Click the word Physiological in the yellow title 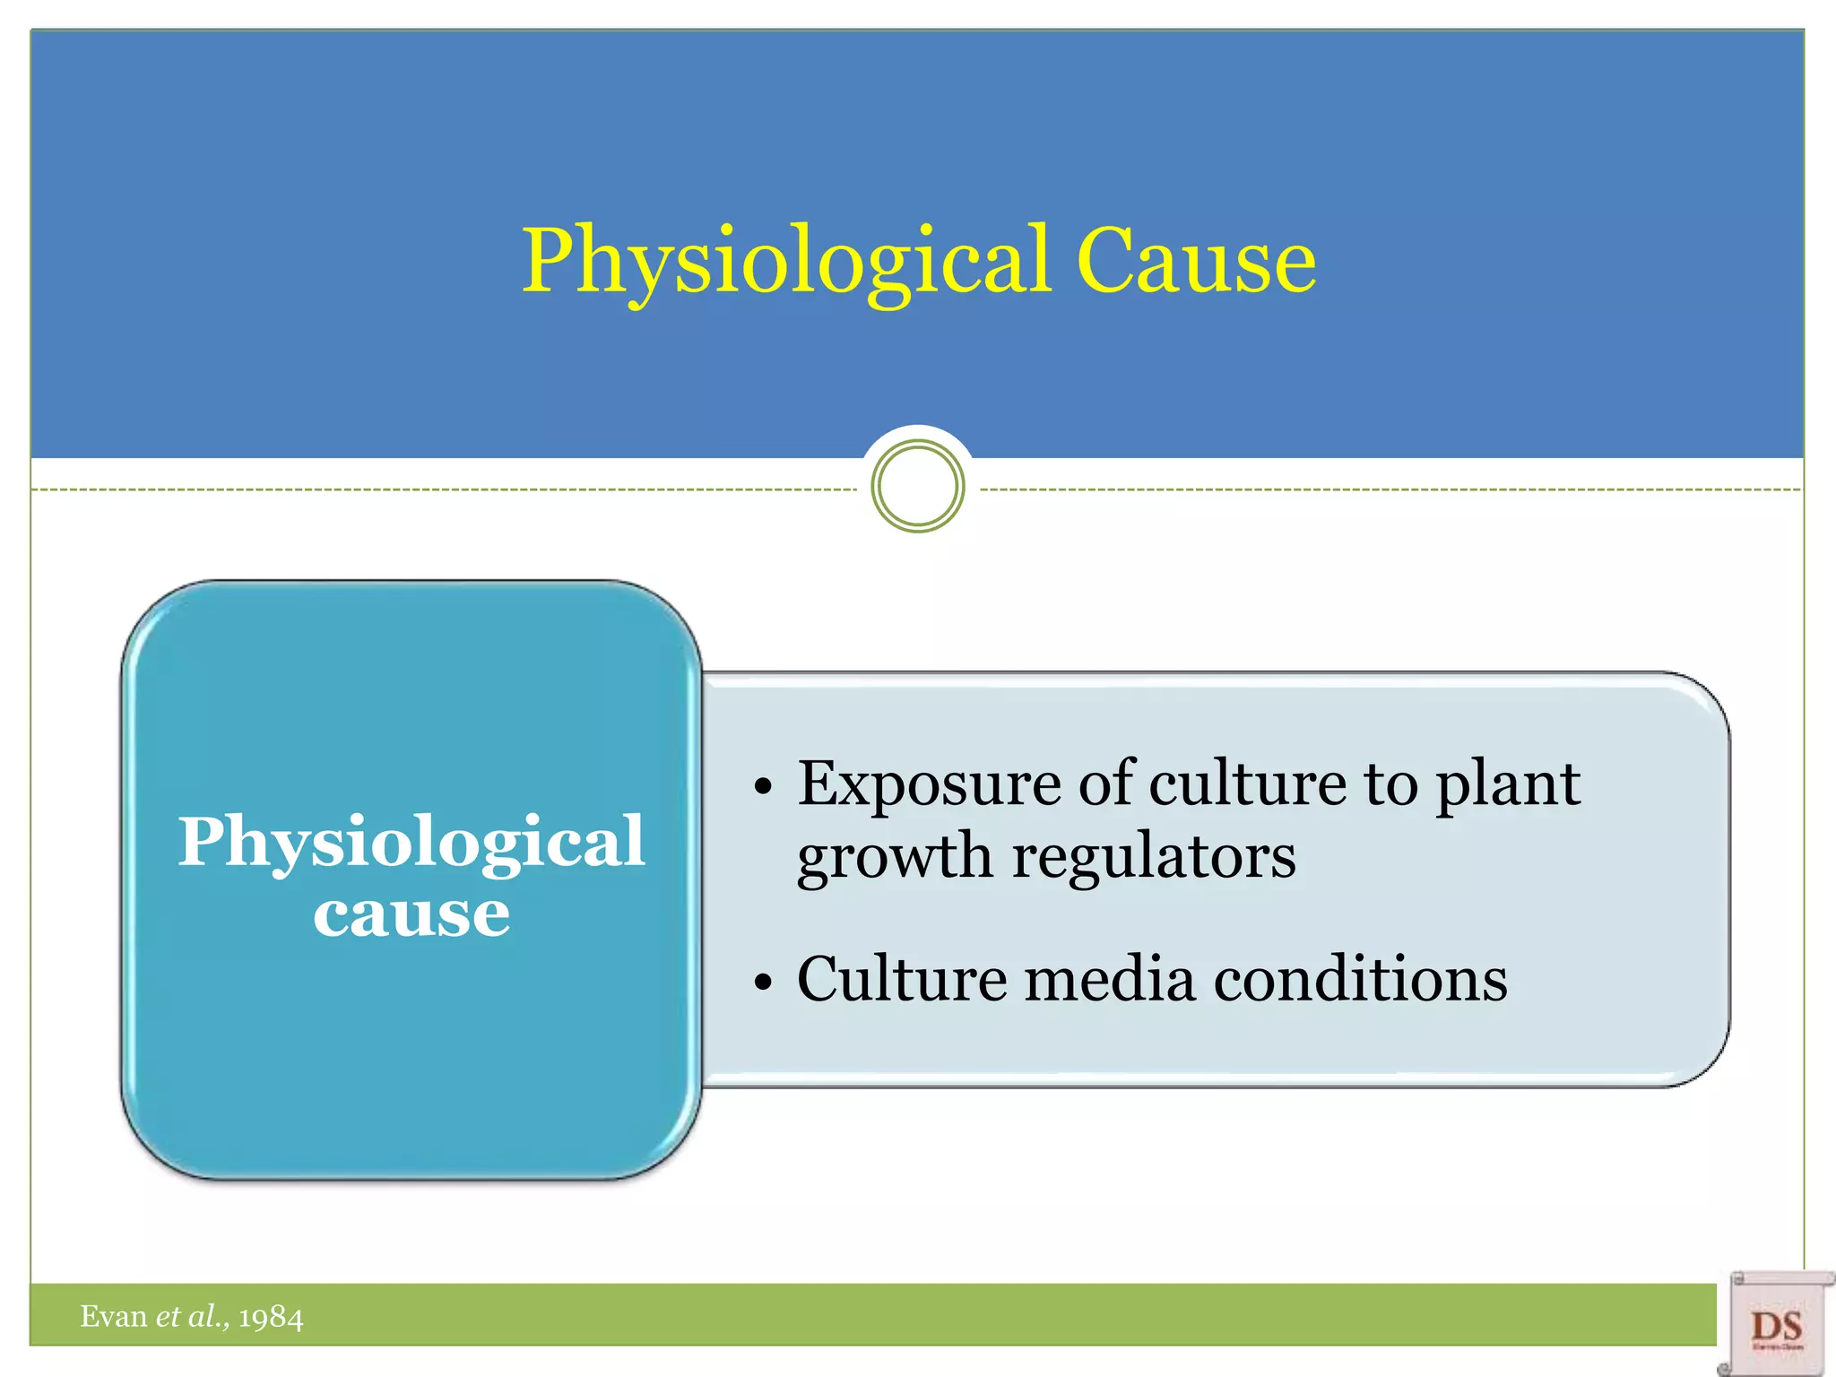(x=786, y=261)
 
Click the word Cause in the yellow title (x=1196, y=261)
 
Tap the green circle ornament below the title (x=917, y=486)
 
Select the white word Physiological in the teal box (x=411, y=843)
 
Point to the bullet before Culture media (x=763, y=983)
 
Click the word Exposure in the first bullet (x=930, y=784)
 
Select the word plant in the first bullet (x=1508, y=784)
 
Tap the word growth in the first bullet (x=894, y=857)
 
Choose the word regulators (x=1154, y=857)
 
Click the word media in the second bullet (x=1110, y=979)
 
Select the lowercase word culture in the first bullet (x=1247, y=784)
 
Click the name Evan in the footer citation (x=114, y=1316)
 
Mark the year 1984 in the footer (x=271, y=1317)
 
